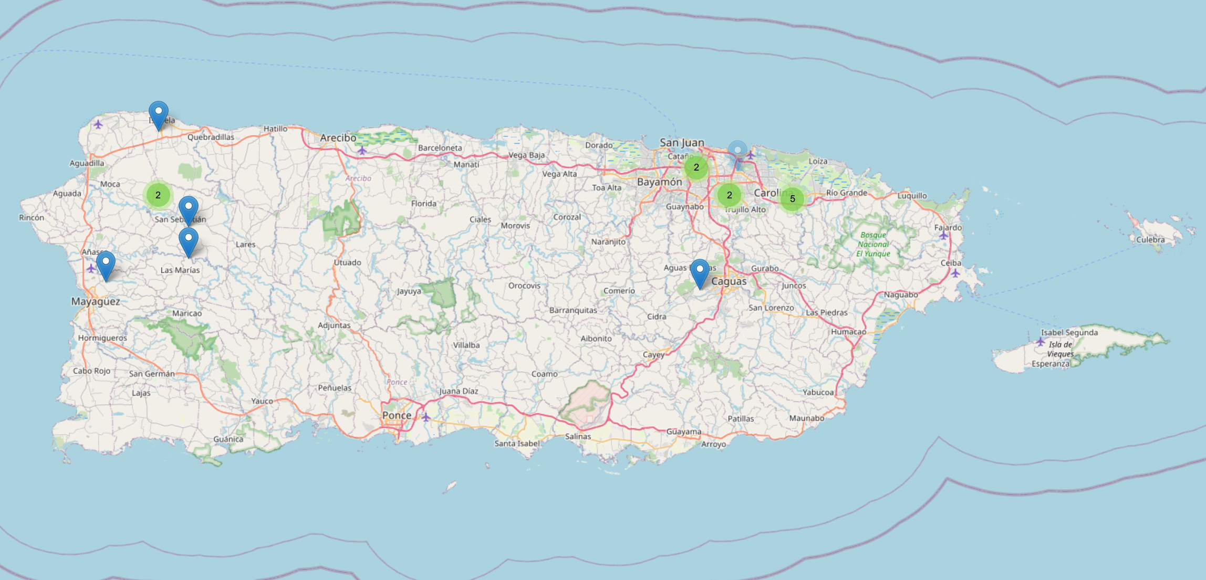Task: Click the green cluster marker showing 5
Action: point(792,199)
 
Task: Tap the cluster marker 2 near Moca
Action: point(158,195)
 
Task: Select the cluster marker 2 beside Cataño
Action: point(696,167)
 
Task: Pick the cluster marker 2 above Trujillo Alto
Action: point(729,195)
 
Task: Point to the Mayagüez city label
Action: point(96,301)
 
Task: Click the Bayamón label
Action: point(659,182)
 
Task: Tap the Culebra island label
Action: point(1150,240)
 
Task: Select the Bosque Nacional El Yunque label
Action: point(873,245)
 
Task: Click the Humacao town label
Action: point(848,332)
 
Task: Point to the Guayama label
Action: point(683,431)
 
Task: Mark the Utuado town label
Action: point(347,262)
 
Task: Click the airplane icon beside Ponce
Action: point(426,418)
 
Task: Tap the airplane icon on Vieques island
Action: point(1040,342)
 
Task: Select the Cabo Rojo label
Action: point(91,371)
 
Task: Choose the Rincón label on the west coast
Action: point(32,217)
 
